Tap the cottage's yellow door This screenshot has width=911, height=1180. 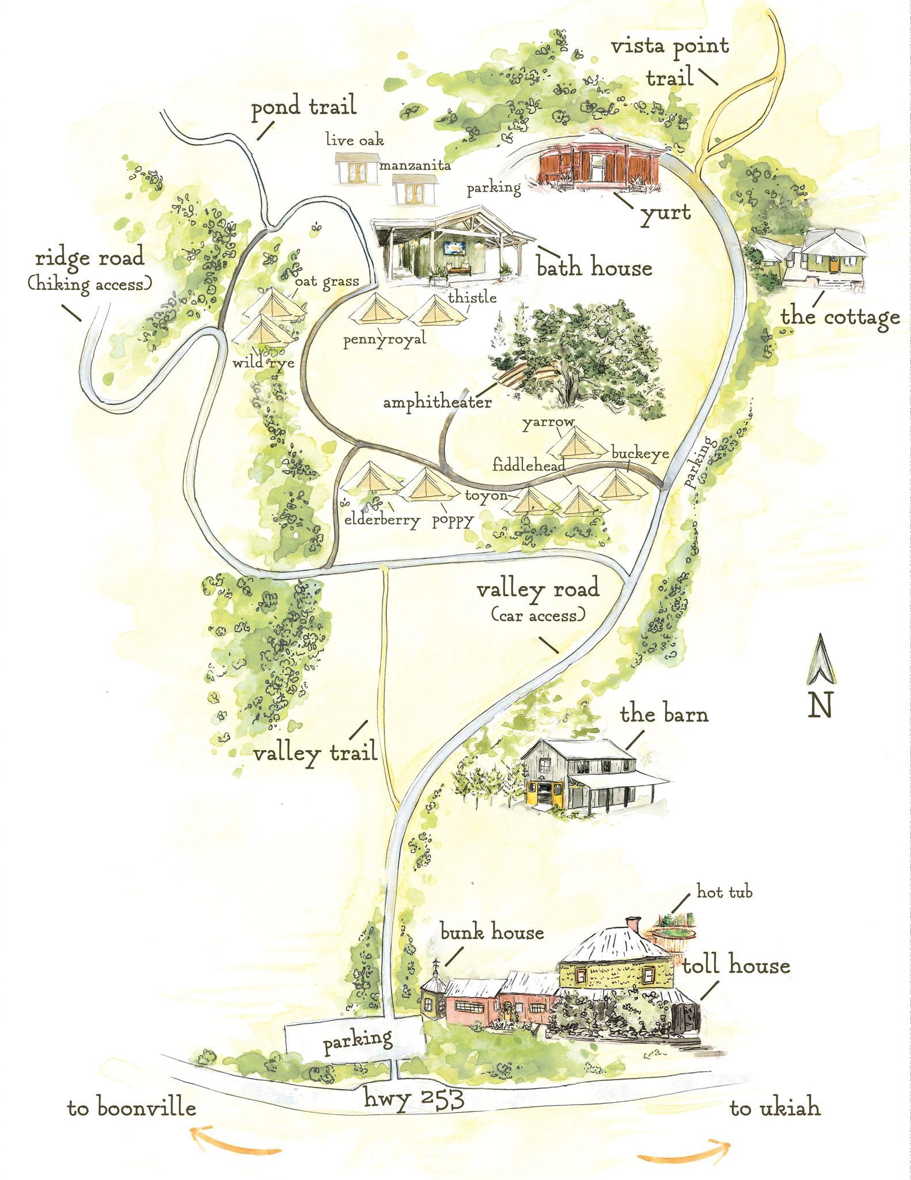click(x=832, y=264)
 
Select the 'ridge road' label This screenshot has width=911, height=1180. click(x=89, y=258)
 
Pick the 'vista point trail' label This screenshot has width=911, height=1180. click(x=670, y=60)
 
